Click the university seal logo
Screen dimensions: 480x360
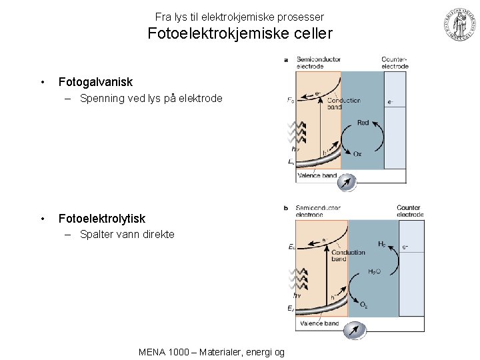point(458,26)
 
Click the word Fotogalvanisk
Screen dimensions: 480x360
point(95,82)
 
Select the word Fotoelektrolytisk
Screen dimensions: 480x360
point(101,219)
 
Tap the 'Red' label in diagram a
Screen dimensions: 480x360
point(363,123)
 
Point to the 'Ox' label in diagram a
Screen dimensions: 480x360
point(357,154)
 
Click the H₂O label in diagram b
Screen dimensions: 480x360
point(375,272)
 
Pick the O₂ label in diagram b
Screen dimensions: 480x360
point(364,305)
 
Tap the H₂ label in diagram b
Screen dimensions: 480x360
point(381,245)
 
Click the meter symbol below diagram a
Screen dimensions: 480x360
point(347,182)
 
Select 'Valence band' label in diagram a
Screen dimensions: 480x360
point(318,176)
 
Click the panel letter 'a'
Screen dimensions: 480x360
point(286,59)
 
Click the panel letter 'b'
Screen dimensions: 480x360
point(286,208)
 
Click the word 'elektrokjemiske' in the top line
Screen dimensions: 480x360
point(227,16)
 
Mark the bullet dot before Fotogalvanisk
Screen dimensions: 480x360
point(43,83)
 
